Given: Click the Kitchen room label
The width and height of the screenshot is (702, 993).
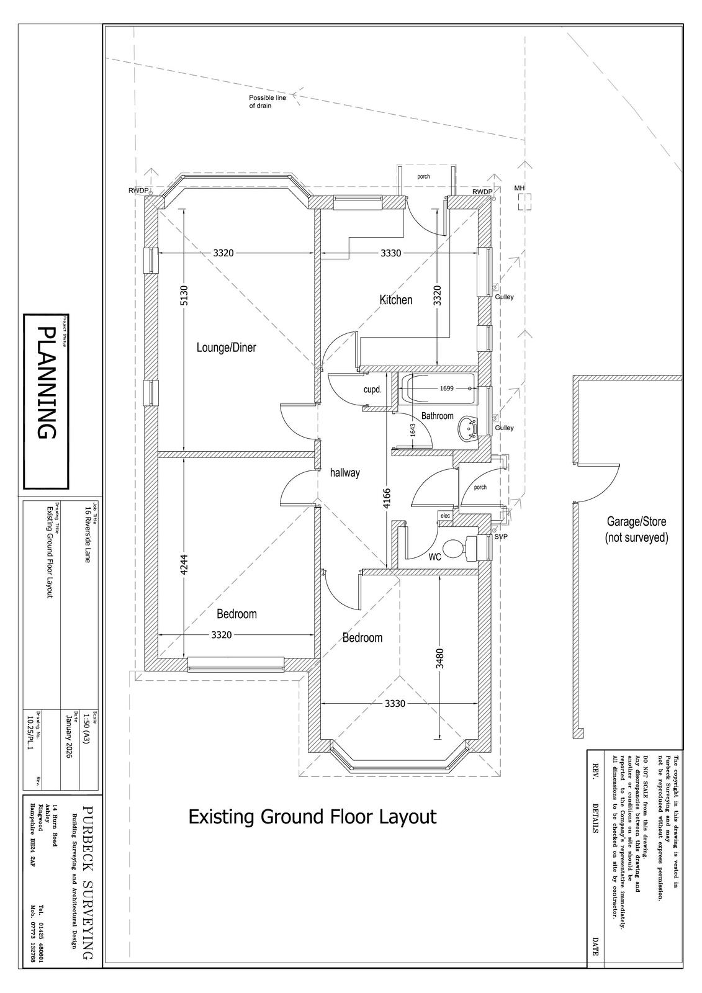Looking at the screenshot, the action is (395, 300).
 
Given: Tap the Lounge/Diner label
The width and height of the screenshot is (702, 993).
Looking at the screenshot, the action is (226, 348).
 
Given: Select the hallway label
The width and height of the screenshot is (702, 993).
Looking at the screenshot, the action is (344, 472).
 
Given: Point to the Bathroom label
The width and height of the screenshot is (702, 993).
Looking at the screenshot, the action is (437, 416).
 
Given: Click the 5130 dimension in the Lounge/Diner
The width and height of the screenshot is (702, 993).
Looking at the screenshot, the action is (184, 295).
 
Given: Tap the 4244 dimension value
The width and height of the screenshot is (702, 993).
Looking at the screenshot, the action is (184, 565).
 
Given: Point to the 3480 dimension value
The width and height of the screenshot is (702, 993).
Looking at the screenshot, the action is (439, 658).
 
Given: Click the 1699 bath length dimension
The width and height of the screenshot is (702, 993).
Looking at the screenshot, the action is (446, 389).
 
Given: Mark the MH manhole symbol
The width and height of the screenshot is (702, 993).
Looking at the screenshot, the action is (524, 202).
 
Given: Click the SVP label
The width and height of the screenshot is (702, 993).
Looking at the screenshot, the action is (501, 537).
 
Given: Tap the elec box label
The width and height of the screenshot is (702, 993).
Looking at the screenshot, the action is (445, 516).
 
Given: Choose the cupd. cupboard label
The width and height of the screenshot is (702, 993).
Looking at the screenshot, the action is (372, 390).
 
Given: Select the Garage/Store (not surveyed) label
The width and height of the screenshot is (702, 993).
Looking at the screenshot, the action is (636, 530).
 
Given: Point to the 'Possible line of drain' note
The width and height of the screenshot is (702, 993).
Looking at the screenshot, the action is (267, 102).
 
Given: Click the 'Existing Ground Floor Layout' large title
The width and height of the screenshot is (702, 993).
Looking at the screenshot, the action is (313, 817).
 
